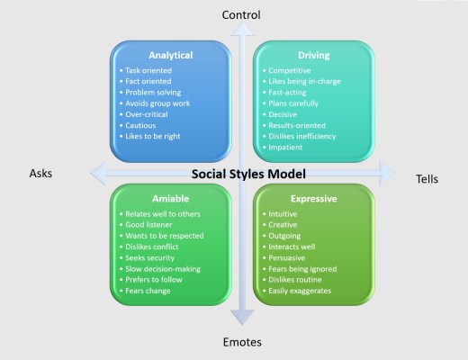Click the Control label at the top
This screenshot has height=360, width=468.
click(x=240, y=14)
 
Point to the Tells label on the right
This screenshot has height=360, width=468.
click(x=427, y=178)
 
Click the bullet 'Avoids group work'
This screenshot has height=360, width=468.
click(x=157, y=103)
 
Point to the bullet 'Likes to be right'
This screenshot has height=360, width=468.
click(x=155, y=137)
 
